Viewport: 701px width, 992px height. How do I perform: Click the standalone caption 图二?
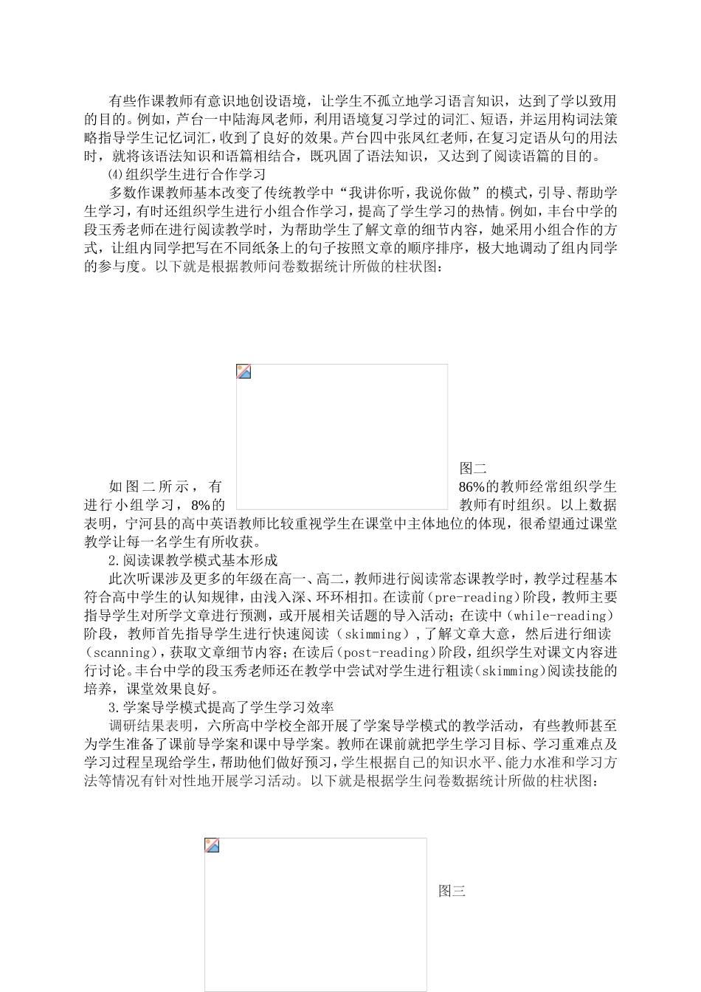pos(473,468)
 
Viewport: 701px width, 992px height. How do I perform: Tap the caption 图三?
pos(452,891)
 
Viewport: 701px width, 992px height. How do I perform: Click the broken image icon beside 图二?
pos(244,371)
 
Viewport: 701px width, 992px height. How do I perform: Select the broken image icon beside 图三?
pos(212,845)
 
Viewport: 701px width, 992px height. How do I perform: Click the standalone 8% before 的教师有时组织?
pos(201,505)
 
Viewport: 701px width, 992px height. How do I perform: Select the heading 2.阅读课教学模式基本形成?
pos(193,560)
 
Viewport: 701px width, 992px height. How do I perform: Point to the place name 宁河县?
pos(145,523)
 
